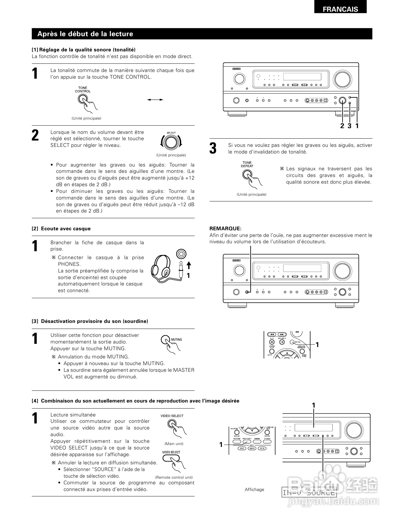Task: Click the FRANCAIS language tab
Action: (x=340, y=9)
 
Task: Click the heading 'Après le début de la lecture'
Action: (x=85, y=34)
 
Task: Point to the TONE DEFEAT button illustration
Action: (x=247, y=174)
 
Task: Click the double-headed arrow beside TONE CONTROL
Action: (x=155, y=100)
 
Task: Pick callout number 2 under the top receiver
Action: (x=342, y=126)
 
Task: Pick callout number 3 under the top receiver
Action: (x=349, y=126)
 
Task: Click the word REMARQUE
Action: (x=225, y=228)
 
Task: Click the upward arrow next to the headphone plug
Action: (x=189, y=265)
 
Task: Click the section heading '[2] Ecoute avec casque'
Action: (x=61, y=229)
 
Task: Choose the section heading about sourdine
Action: (x=90, y=321)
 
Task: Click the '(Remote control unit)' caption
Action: (x=174, y=477)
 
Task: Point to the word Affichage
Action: (x=254, y=489)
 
